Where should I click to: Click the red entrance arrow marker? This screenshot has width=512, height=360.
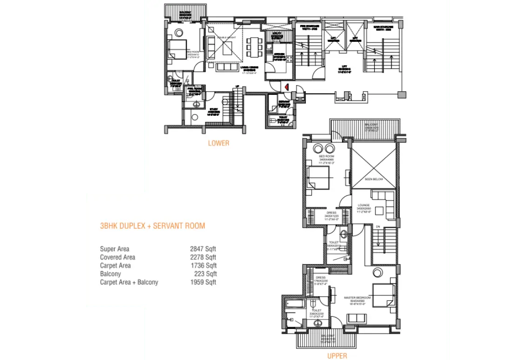(x=287, y=87)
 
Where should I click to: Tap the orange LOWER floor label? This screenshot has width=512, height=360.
(x=218, y=143)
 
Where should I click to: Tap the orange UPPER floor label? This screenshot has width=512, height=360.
(x=337, y=356)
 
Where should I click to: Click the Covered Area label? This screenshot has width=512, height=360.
(x=117, y=257)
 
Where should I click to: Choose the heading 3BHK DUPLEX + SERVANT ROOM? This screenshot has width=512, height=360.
(x=153, y=226)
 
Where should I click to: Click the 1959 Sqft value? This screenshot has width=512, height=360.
(x=203, y=282)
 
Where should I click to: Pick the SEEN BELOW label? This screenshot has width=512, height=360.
(x=373, y=179)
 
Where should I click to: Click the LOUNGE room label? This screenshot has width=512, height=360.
(x=364, y=205)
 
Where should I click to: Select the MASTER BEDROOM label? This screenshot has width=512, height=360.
(x=357, y=298)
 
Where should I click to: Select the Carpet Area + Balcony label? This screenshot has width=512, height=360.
(x=129, y=282)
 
